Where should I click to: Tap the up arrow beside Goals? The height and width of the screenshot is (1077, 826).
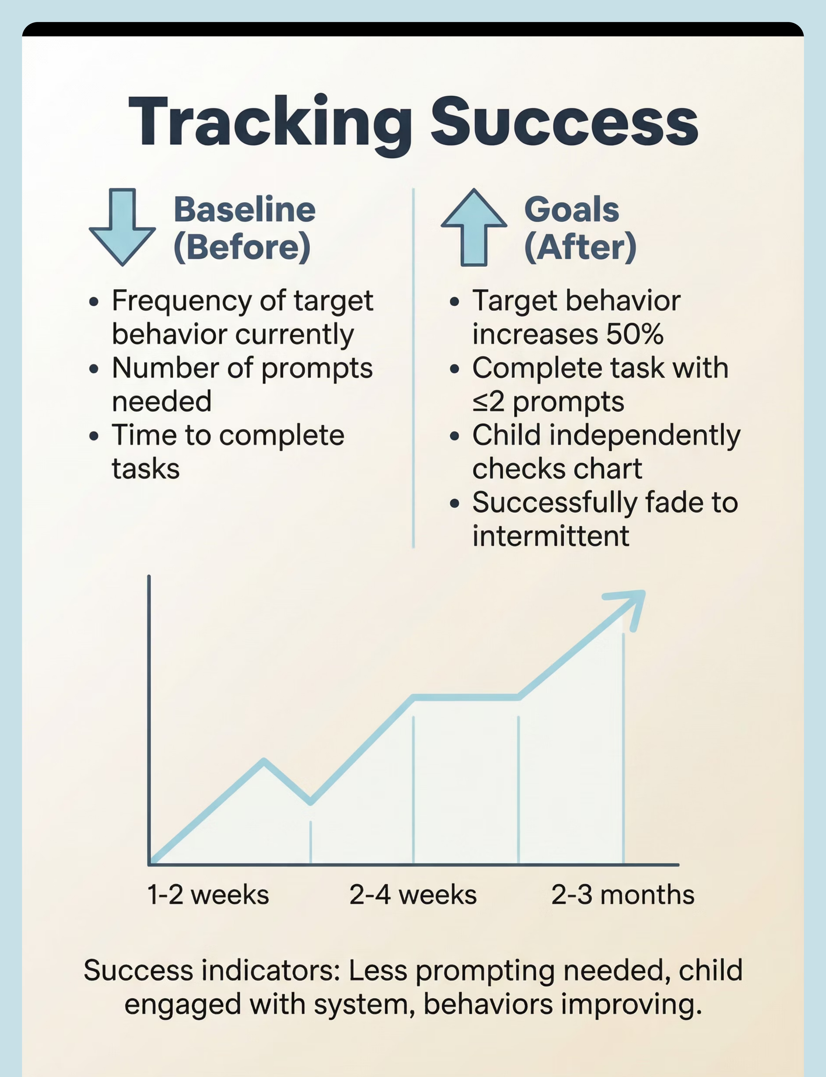coord(474,227)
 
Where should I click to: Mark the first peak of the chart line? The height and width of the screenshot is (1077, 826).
coord(264,761)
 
